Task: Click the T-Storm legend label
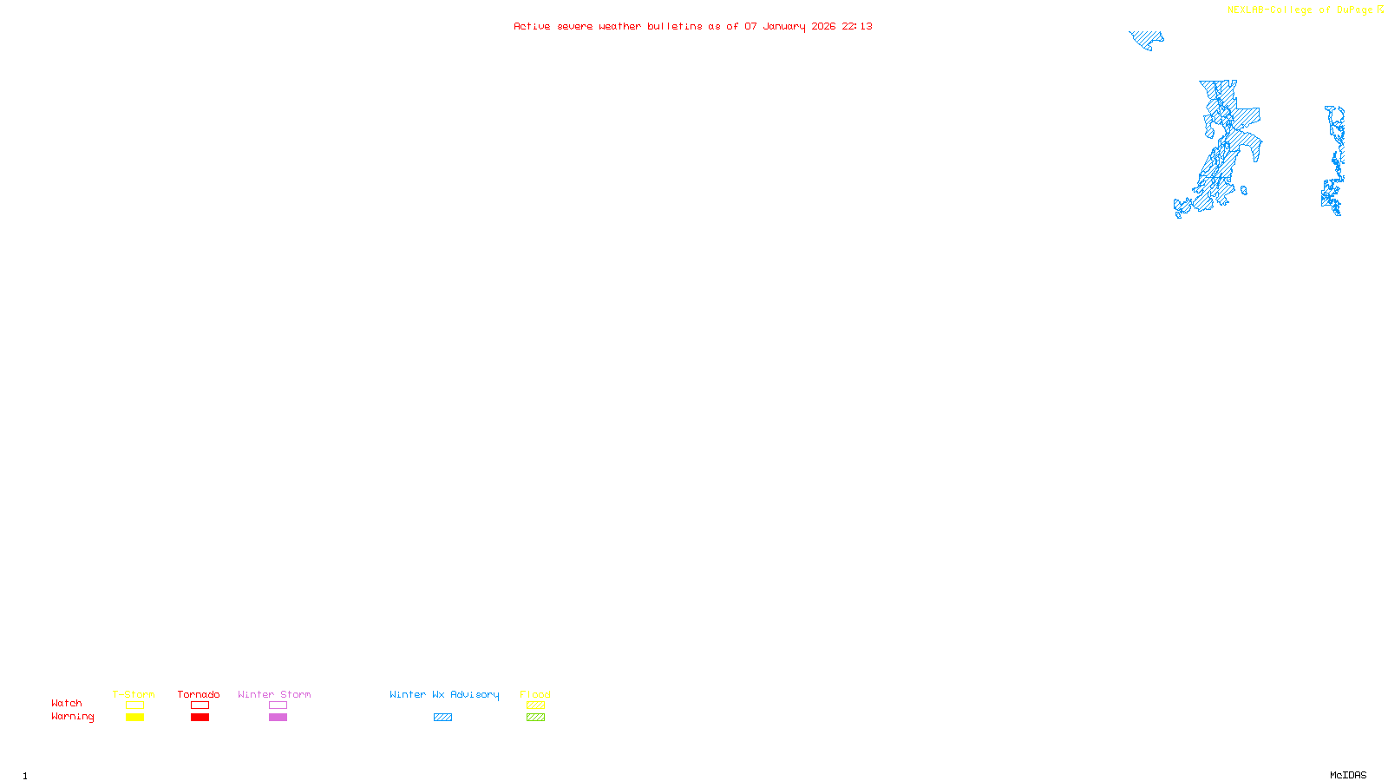(x=134, y=694)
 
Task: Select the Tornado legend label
(x=199, y=694)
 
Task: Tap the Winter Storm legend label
(x=274, y=694)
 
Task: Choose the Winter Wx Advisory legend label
(x=444, y=694)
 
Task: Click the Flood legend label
(x=535, y=694)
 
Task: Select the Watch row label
(x=67, y=703)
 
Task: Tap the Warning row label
(x=72, y=717)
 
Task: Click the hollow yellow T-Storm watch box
(x=134, y=706)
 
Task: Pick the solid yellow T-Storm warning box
(x=134, y=718)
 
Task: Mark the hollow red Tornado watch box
(x=200, y=706)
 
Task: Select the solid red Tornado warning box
(x=200, y=718)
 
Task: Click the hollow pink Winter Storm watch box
(x=278, y=706)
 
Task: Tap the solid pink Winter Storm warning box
(x=278, y=718)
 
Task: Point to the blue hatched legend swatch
(x=442, y=718)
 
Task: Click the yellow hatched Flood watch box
(x=535, y=706)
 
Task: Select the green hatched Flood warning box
(x=535, y=718)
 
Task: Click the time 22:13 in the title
(x=857, y=26)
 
